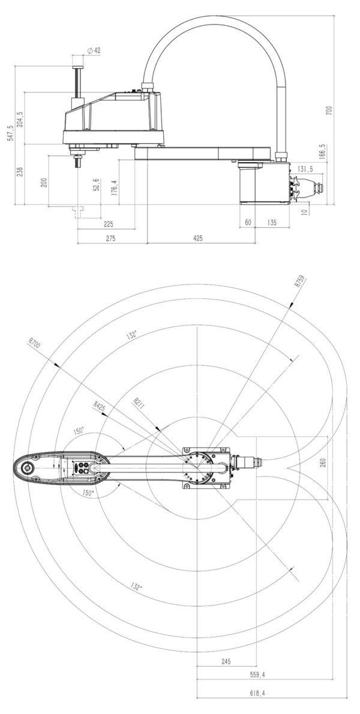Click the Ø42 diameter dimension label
tap(93, 51)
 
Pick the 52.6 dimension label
tap(97, 185)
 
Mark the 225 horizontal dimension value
tap(109, 224)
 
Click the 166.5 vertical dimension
tap(322, 151)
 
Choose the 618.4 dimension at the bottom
tap(259, 692)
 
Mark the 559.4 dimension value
tap(257, 674)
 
